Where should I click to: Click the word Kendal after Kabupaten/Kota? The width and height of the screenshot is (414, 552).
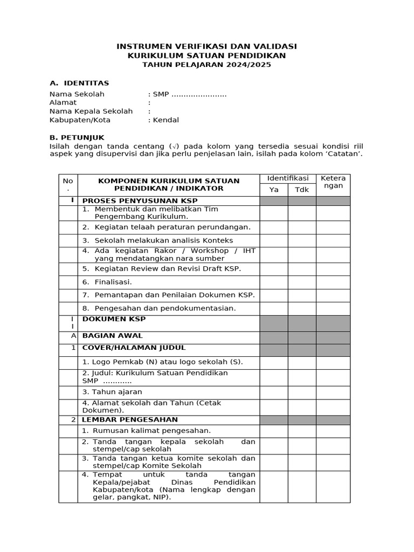pos(166,120)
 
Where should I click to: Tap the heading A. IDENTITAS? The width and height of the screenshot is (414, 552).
pos(79,83)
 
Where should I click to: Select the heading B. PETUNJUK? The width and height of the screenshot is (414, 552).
pos(77,137)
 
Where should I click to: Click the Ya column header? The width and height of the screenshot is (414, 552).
pos(274,190)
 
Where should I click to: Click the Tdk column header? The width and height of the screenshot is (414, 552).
pos(302,190)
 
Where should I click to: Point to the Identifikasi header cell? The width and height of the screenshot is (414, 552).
pos(288,178)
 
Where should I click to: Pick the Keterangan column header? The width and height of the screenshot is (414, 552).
pos(333,182)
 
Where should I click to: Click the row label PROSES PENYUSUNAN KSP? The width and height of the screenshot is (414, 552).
pos(140,201)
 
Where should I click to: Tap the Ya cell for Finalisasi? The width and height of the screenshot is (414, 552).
pos(274,282)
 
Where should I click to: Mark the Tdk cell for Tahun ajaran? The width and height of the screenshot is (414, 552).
pos(302,392)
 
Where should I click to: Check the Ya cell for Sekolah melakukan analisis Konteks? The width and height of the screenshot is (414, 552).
pos(274,240)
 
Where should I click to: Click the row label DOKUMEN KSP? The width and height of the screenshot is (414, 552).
pos(114,319)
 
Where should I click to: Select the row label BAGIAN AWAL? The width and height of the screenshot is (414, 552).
pos(112,336)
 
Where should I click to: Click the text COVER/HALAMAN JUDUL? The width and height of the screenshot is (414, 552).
pos(134,348)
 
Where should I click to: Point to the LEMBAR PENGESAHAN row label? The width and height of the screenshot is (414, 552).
pos(130,419)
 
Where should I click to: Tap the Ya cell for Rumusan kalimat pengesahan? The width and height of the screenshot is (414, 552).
pos(274,431)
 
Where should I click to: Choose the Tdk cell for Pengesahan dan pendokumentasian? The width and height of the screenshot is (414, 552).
pos(302,309)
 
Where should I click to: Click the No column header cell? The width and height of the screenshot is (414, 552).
pos(68,185)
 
